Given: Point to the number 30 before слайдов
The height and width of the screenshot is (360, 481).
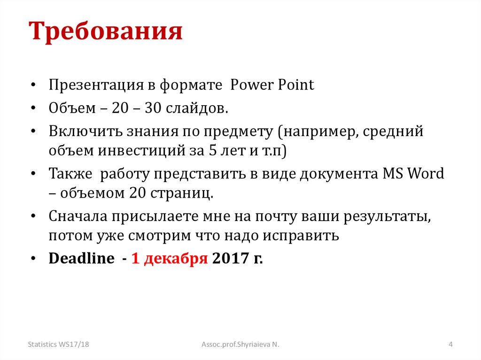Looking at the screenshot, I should pos(154,109).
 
